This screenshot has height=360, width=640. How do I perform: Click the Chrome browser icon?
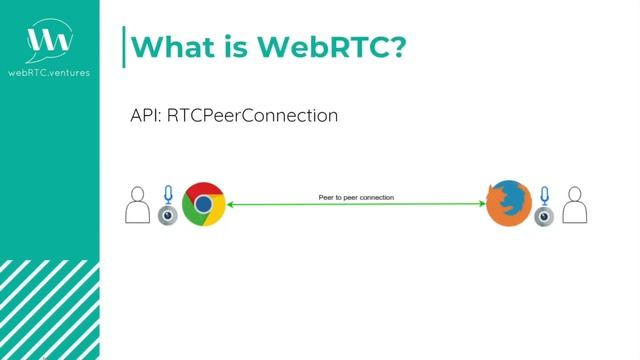click(203, 204)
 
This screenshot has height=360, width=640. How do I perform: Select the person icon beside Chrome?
click(138, 205)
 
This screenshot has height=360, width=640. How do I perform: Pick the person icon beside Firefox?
click(574, 205)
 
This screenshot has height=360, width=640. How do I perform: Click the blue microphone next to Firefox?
click(543, 194)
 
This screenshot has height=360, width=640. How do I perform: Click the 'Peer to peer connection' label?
click(356, 198)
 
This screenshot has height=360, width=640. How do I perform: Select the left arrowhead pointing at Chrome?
click(232, 205)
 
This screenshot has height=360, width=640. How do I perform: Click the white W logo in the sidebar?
click(49, 41)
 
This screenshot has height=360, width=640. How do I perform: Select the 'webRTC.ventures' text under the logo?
click(49, 72)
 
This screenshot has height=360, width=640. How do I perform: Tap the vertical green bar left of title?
click(124, 46)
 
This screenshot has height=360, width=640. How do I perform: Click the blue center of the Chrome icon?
click(203, 204)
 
